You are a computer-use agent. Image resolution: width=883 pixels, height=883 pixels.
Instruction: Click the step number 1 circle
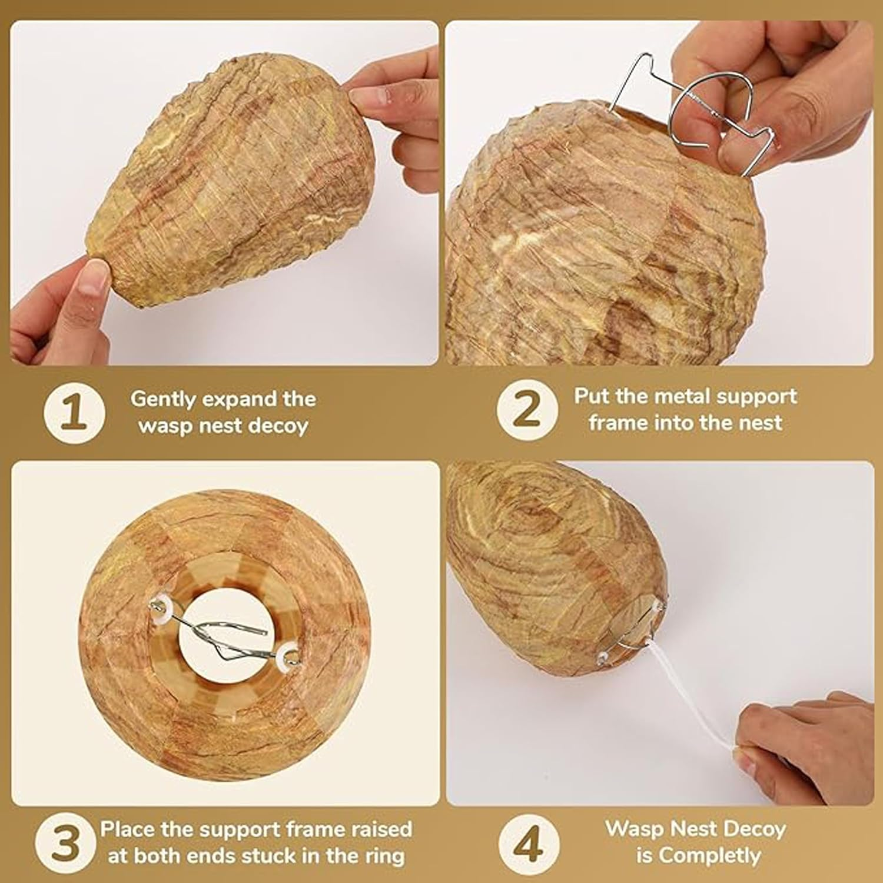tap(74, 411)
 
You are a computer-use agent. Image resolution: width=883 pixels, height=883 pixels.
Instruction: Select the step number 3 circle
tap(64, 844)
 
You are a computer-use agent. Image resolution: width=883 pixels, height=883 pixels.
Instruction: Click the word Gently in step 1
tap(162, 400)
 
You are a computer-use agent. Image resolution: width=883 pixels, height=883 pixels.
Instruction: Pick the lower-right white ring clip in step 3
tap(290, 655)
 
